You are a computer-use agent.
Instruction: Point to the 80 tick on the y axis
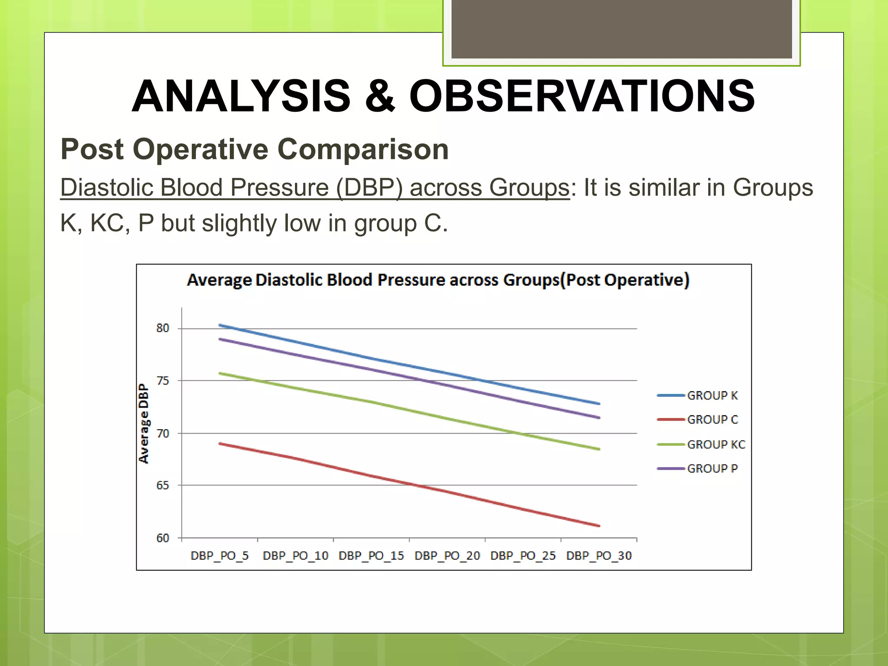tap(163, 328)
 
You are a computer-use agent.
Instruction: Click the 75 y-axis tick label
tap(163, 381)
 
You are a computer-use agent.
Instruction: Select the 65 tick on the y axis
tap(163, 485)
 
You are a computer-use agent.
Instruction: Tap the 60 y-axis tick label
tap(163, 538)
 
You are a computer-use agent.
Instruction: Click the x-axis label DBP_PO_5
tap(220, 556)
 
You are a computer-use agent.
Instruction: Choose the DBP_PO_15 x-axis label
tap(371, 556)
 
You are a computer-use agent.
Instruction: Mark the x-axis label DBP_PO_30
tap(599, 556)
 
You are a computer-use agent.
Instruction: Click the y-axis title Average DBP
tap(144, 424)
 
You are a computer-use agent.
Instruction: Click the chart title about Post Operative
tap(438, 280)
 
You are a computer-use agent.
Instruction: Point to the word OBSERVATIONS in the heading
tap(582, 96)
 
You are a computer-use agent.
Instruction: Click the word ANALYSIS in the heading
tap(241, 96)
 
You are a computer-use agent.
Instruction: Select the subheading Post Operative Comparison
tap(255, 149)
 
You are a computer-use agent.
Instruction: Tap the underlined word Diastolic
tap(106, 188)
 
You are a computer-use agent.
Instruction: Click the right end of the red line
tap(599, 526)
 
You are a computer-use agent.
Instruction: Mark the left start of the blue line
tap(220, 325)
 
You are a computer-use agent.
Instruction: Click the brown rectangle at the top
tap(621, 29)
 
